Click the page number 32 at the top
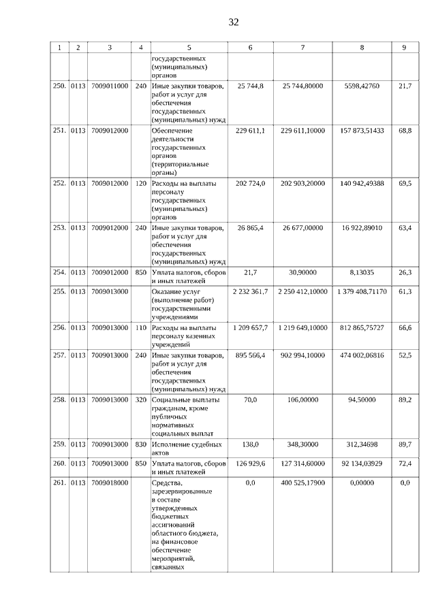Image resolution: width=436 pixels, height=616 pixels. tap(233, 22)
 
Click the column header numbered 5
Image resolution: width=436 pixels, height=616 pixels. tap(189, 48)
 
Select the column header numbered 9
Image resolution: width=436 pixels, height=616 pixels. tap(405, 48)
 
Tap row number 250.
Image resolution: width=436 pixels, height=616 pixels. tap(59, 86)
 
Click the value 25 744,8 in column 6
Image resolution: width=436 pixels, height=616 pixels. tap(250, 86)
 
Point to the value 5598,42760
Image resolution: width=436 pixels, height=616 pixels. tap(362, 86)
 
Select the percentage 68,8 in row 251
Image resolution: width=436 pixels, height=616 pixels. tap(405, 130)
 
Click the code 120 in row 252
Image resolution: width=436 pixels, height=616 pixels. tap(141, 184)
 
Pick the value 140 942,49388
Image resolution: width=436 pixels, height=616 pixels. tap(362, 184)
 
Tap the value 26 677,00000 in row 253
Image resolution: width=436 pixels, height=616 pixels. tap(302, 227)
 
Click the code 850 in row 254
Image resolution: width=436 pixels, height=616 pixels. tap(141, 272)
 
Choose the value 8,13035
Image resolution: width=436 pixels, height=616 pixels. tap(362, 272)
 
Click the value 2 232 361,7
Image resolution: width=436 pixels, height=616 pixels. tap(250, 291)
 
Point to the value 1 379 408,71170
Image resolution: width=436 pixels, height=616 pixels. tap(362, 291)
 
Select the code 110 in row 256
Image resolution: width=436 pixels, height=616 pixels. tap(141, 327)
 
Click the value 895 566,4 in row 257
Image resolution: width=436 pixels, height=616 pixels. tap(250, 355)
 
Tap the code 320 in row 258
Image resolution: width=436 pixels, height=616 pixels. tap(141, 400)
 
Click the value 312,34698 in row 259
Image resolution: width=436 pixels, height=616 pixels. tap(362, 444)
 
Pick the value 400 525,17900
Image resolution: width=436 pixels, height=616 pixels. tap(302, 483)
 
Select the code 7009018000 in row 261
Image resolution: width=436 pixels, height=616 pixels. tap(110, 483)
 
